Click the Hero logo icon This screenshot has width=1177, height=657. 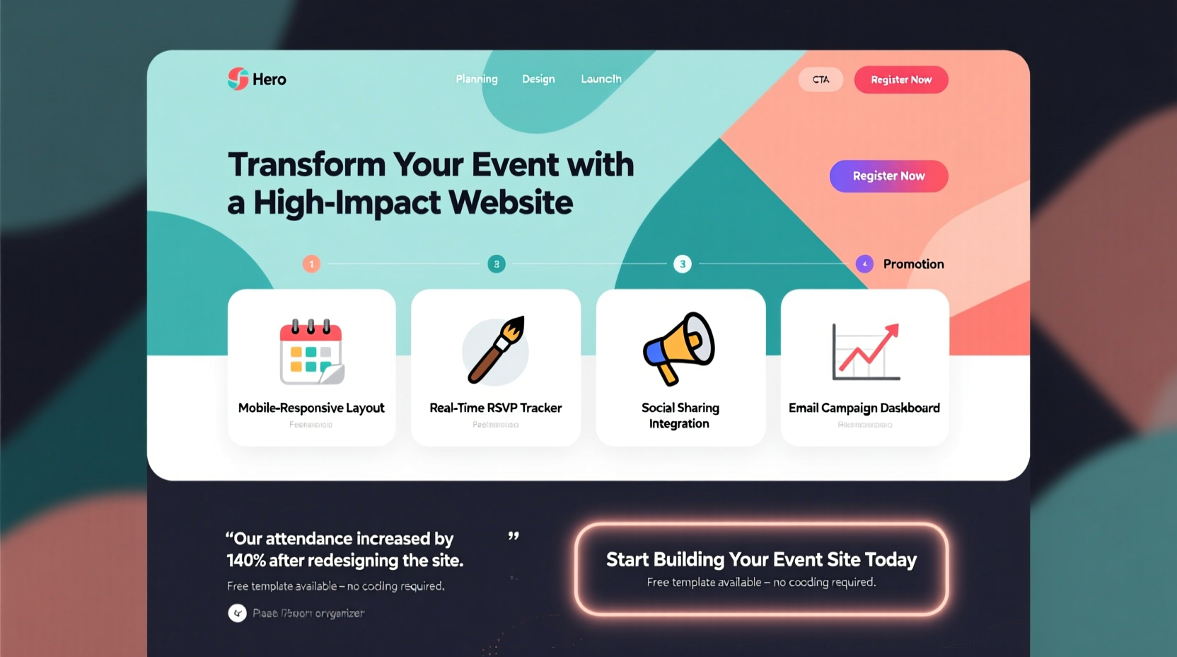pos(238,79)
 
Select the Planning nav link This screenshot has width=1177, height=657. pos(477,79)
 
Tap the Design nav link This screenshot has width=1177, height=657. pos(538,79)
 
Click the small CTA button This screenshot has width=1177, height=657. pos(821,79)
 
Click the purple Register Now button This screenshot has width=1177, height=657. pos(888,176)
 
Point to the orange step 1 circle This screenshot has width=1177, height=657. pos(311,264)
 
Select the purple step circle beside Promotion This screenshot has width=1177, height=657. pos(864,264)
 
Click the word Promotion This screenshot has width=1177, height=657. pos(913,264)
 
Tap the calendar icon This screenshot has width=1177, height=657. pos(311,352)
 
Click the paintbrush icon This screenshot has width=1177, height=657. pos(496,350)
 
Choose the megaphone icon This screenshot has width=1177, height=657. pos(679,348)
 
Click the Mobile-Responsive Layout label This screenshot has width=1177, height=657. pos(311,408)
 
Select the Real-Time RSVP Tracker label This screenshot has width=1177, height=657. pos(496,408)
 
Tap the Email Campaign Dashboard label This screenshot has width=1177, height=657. pos(864,408)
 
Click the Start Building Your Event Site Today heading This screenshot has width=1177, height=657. pos(761,559)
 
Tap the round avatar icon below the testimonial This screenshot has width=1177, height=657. pos(237,613)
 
